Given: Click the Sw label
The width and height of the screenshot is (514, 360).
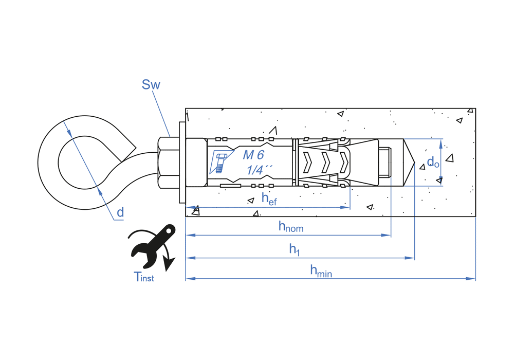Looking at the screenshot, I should (151, 85).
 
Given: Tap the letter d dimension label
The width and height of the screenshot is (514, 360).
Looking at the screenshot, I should (120, 212).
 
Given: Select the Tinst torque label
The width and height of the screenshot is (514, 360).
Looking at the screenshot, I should (144, 278).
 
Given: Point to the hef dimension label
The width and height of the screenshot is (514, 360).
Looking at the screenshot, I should (269, 199).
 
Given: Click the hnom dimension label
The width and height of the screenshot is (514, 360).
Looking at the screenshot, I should (290, 226).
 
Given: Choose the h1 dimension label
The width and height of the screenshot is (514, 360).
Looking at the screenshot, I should (294, 249).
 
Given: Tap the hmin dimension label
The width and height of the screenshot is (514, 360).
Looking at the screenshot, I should (321, 271).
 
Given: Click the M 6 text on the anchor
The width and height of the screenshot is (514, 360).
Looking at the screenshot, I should (253, 155).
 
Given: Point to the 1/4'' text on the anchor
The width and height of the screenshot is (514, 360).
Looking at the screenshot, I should (259, 170).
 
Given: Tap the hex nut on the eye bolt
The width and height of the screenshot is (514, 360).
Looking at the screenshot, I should (166, 163).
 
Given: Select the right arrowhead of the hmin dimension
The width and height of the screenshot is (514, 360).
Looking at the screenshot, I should (472, 279).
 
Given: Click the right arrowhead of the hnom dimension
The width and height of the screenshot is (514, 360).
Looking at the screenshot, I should (387, 235).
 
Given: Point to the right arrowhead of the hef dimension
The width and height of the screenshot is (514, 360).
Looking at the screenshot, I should (346, 207).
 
